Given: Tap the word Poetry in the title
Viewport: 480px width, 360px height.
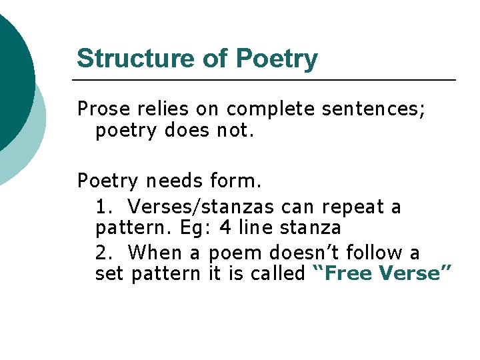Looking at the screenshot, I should (277, 59).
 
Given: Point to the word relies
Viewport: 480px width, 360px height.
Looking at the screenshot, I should (159, 108).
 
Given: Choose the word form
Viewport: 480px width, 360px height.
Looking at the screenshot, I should (236, 181).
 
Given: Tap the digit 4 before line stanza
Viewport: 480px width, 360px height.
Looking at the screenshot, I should (225, 228).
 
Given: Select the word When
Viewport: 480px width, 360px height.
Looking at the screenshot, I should (156, 253).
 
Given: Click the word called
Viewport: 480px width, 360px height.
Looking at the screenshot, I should (277, 273).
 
